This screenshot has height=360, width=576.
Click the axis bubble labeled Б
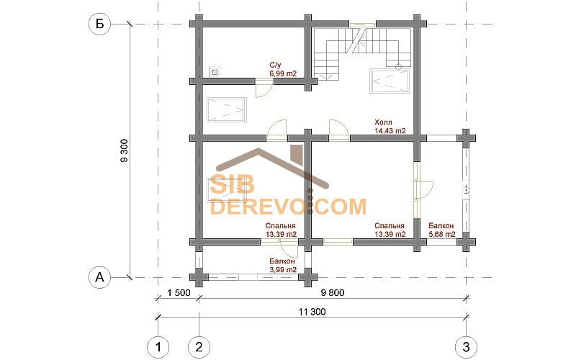pos(99,24)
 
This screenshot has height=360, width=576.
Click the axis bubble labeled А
pos(99,277)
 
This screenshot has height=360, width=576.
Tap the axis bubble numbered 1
pos(158,347)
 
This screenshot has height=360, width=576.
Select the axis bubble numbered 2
pos(199,347)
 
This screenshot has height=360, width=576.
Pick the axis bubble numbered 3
pos(466,347)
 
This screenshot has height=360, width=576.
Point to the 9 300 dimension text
pos(124,150)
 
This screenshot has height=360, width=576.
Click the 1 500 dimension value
pos(179,293)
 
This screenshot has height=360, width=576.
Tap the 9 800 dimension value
pos(333,293)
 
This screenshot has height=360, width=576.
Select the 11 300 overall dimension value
pos(312,312)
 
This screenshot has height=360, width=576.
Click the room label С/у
pos(276,66)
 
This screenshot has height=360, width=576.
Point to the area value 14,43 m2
pos(390,130)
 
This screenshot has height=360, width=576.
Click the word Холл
pos(383,122)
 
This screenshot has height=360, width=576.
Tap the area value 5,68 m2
pos(442,234)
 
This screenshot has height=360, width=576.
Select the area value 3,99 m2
pos(283,269)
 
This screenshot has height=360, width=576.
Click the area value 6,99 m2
pos(283,74)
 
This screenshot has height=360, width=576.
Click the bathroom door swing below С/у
pos(264,88)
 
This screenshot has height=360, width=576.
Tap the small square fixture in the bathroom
pos(215,72)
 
